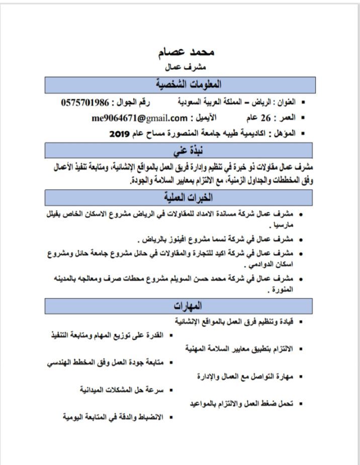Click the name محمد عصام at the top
[x=186, y=52]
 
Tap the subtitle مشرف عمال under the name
[x=186, y=66]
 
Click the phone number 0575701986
[x=85, y=103]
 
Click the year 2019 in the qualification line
[x=120, y=134]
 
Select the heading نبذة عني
[x=187, y=150]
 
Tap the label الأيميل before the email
[x=206, y=118]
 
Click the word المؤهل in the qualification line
[x=286, y=134]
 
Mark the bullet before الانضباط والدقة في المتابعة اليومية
[x=171, y=417]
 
